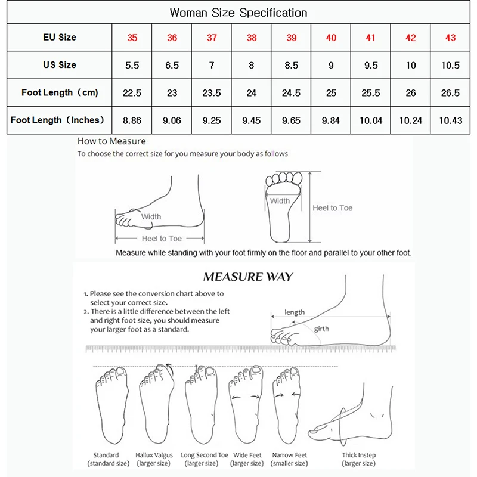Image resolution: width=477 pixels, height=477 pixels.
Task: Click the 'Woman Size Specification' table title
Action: pos(238,13)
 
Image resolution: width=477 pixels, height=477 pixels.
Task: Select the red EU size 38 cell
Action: pos(252,38)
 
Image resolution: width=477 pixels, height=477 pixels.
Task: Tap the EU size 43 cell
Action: pos(450,38)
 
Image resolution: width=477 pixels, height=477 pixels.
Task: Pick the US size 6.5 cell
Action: pos(172,65)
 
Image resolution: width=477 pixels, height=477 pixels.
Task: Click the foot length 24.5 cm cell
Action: pos(291,92)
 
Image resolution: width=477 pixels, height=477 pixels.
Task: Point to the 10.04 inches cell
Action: pos(370,120)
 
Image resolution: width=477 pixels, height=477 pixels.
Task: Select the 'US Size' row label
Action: pos(60,65)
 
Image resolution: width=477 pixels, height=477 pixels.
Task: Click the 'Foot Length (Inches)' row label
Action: pos(58,120)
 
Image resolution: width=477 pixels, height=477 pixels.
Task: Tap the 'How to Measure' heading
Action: pos(111,141)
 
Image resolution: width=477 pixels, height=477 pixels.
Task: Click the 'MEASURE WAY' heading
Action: pos(247,277)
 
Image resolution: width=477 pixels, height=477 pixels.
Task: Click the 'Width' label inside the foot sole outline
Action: pos(280,201)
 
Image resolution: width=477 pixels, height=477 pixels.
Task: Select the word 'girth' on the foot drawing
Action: pos(321,329)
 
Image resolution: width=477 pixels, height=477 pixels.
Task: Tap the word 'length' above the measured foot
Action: pos(295,312)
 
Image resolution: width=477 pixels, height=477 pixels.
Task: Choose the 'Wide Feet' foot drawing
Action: pos(246,405)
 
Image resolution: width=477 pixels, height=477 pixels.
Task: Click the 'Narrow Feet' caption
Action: pos(289,456)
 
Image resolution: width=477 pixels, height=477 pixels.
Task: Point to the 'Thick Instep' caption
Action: pos(358,456)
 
